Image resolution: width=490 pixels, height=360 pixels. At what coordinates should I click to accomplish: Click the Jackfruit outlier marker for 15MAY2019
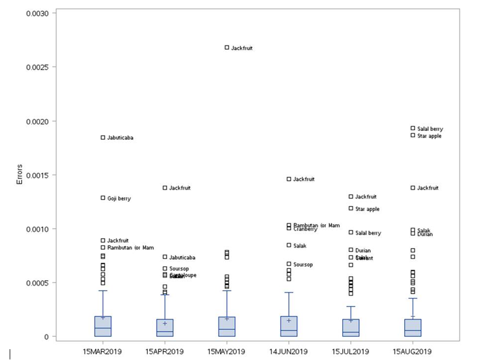227,48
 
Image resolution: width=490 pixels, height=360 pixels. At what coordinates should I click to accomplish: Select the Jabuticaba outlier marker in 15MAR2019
103,138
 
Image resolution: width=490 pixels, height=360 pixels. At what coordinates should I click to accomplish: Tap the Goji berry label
119,198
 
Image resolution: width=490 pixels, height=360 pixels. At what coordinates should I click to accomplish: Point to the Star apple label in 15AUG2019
429,136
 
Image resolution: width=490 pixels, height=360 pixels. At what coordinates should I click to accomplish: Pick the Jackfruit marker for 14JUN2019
289,179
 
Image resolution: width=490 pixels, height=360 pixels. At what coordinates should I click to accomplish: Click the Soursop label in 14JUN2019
303,264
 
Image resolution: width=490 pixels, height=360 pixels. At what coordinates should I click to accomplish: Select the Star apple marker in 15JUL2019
351,209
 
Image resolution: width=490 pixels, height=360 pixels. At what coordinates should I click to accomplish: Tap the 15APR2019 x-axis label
165,350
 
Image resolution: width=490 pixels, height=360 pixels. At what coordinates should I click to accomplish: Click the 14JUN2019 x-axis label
289,350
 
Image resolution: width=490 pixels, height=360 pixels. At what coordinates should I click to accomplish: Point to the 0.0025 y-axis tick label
41,67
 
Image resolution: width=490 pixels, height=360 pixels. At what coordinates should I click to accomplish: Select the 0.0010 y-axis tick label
41,229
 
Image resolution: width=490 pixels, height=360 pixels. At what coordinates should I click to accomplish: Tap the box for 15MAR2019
103,326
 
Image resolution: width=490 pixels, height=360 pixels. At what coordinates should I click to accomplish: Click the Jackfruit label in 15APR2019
180,188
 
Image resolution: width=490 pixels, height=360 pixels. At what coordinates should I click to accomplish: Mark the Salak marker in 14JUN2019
289,245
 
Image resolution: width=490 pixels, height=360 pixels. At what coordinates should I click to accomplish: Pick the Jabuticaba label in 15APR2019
182,258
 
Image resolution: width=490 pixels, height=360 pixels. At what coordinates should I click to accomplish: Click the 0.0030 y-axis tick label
41,13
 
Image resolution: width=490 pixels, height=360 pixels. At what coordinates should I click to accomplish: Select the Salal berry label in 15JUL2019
368,233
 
